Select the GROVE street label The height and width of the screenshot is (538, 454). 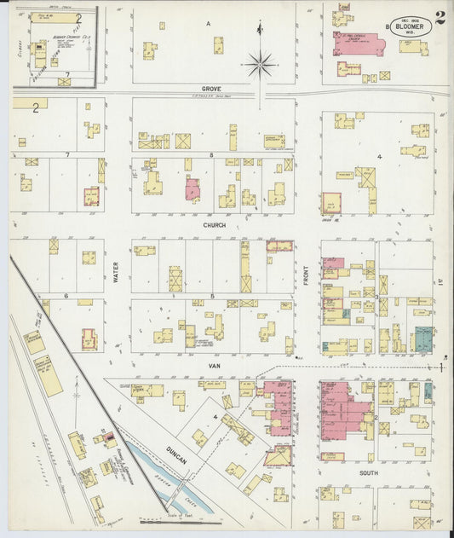(x=211, y=89)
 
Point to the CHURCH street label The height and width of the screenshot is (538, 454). (x=214, y=225)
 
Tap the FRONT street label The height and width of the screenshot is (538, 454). (x=305, y=273)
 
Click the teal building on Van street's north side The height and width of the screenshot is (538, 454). (x=422, y=338)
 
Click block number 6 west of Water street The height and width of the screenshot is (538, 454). (x=66, y=296)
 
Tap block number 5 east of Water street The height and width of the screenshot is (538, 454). (x=211, y=295)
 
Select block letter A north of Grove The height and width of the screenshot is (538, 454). (x=209, y=24)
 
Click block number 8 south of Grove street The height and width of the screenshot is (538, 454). (x=210, y=155)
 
